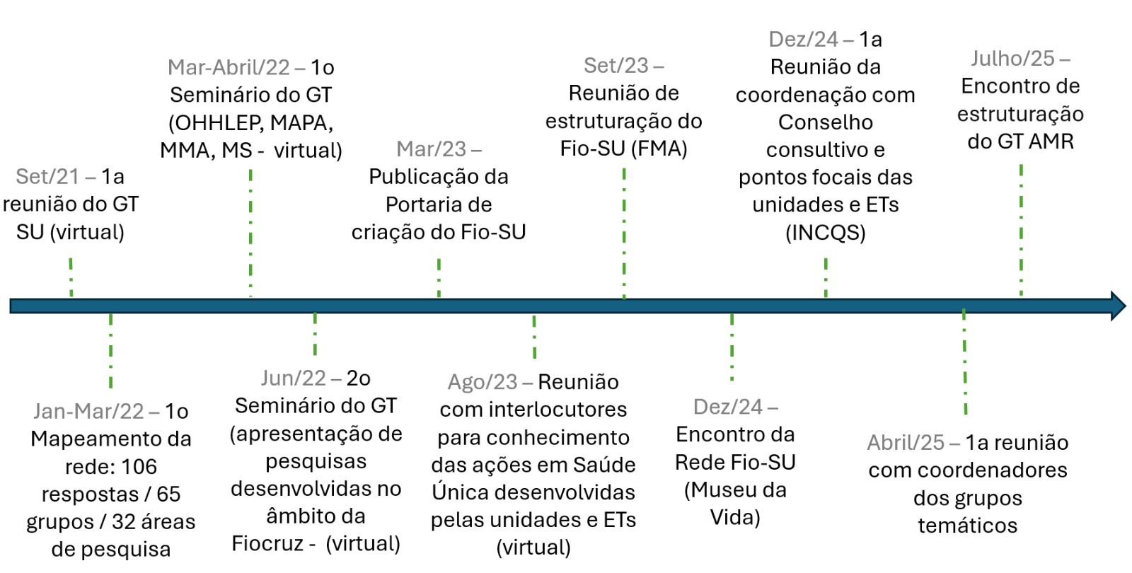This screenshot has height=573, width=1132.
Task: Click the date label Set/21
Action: [x=47, y=177]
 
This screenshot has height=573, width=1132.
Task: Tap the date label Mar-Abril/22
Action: [x=229, y=68]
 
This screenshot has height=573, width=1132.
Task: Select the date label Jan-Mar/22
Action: [x=88, y=411]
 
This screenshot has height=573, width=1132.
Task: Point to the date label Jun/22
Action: [x=293, y=378]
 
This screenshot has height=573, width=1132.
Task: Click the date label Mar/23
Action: [x=431, y=149]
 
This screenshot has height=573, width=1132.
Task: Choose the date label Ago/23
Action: [x=483, y=383]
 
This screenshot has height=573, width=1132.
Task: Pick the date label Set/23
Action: [x=616, y=66]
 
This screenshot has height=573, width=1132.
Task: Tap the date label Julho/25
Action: [x=1012, y=59]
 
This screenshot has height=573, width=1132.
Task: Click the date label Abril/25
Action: [x=906, y=443]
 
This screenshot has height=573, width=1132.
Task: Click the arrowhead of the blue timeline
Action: [x=1118, y=306]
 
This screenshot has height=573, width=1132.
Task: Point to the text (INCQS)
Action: [x=825, y=233]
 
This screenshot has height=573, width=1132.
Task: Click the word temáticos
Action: [x=968, y=526]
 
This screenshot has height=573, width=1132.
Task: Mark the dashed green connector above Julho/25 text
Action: [x=1022, y=230]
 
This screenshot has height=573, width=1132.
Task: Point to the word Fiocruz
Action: [x=268, y=544]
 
